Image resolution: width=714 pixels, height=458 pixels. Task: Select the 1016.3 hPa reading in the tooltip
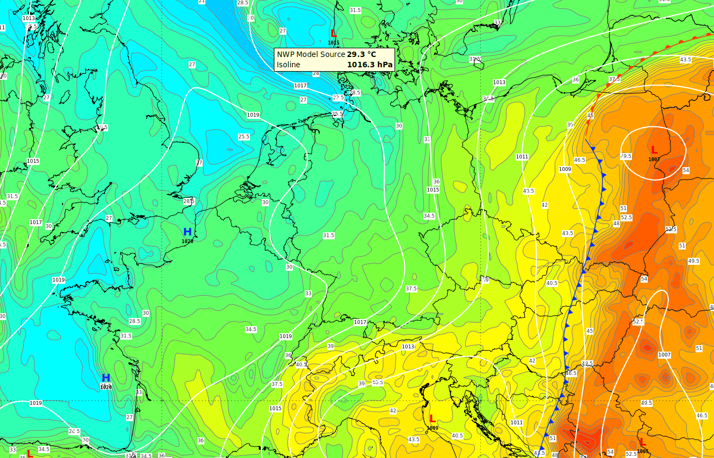click(369, 65)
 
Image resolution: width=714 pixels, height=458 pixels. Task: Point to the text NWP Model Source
click(311, 54)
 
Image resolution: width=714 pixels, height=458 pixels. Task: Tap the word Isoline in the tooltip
click(288, 65)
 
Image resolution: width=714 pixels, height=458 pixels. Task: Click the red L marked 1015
click(333, 34)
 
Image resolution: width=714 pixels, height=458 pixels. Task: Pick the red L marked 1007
click(654, 150)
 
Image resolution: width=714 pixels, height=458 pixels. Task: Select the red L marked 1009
click(433, 419)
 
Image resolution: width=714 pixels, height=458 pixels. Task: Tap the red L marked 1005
click(643, 442)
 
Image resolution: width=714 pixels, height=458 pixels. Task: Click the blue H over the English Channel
click(187, 232)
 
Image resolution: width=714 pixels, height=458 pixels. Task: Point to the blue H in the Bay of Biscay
click(106, 378)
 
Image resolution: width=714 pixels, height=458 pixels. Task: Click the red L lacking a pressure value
click(30, 453)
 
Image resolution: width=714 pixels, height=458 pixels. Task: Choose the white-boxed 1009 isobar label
click(565, 169)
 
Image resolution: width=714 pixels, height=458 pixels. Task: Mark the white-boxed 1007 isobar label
click(664, 355)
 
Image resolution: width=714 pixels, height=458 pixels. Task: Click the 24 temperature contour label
click(316, 73)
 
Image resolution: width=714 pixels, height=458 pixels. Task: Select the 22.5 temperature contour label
click(338, 98)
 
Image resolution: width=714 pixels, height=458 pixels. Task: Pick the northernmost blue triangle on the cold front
click(593, 148)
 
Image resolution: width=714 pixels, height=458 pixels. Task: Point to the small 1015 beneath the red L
click(334, 43)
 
